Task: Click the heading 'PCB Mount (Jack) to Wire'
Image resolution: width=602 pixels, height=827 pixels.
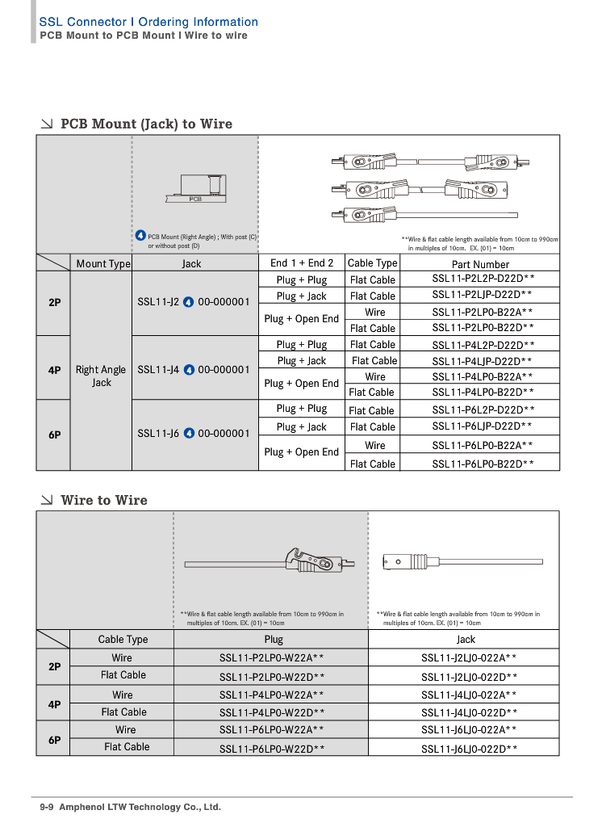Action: tap(146, 124)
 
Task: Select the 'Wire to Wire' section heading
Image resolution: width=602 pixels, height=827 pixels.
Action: tap(104, 500)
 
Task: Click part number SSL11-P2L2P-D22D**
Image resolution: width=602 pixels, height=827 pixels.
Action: tap(483, 279)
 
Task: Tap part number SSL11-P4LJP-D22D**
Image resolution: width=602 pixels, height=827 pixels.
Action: tap(482, 361)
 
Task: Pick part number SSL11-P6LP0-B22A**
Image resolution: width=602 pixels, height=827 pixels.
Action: tap(482, 445)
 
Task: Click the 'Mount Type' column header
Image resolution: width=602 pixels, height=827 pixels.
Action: tap(102, 263)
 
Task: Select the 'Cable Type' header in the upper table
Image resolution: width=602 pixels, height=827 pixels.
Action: tap(372, 263)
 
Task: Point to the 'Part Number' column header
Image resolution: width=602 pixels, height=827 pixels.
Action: tap(480, 264)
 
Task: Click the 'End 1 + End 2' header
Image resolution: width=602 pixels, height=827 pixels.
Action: tap(302, 263)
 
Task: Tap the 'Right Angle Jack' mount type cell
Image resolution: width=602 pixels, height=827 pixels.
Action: tap(101, 376)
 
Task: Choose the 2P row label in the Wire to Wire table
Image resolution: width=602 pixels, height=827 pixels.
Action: tap(54, 667)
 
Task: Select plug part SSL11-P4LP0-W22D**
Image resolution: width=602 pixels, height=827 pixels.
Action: tap(272, 712)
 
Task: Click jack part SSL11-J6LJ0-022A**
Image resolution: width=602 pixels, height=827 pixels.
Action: tap(469, 730)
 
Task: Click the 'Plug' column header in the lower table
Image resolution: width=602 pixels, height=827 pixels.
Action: tap(274, 639)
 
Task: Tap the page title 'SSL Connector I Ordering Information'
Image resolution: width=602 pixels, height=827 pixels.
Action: tap(148, 22)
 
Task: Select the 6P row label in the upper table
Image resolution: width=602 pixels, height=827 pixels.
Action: tap(54, 434)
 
